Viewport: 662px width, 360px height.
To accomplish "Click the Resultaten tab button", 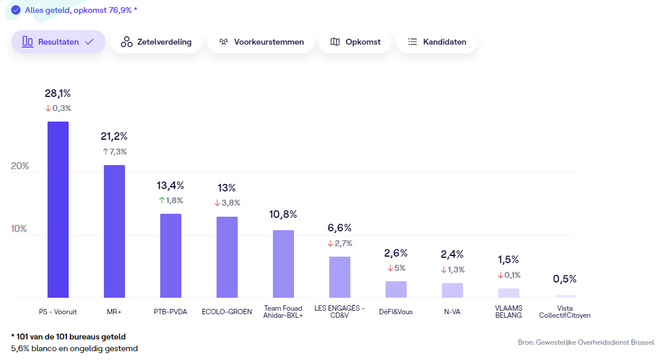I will coord(58,42).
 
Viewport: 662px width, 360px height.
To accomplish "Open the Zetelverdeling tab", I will coord(156,42).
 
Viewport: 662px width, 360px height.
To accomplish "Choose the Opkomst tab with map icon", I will coord(355,42).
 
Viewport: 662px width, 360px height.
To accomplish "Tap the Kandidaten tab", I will coord(437,42).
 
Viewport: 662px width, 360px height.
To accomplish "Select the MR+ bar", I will coord(114,231).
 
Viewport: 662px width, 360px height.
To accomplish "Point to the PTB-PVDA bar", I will coord(171,255).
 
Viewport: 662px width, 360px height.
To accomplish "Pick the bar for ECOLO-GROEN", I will coord(227,257).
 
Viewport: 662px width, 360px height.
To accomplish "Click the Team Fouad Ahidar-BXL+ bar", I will coord(283,264).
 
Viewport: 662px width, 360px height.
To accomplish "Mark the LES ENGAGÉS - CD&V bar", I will coord(340,277).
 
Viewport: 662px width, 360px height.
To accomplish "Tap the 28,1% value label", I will coord(58,93).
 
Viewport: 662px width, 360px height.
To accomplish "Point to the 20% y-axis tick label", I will coord(19,166).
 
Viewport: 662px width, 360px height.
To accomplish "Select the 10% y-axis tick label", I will coord(19,228).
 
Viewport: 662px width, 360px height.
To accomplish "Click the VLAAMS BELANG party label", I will coord(508,312).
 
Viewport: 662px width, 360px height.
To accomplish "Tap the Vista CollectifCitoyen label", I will coord(565,312).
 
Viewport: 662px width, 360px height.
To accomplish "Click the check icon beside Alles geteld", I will coord(16,10).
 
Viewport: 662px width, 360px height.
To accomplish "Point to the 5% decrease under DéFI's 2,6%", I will coord(396,268).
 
